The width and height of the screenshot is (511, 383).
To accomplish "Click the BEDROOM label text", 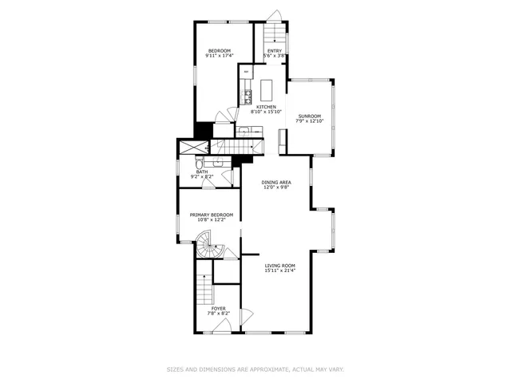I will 218,51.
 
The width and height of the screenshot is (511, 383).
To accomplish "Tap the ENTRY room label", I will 274,51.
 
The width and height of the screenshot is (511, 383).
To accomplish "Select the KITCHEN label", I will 266,107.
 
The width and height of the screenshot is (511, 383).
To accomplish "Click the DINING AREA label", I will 276,183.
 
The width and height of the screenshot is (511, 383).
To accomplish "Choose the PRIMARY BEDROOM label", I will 211,214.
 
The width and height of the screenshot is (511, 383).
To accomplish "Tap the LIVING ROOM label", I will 280,266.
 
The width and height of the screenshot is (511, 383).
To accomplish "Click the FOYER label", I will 218,308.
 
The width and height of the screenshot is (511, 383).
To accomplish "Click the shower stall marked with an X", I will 192,147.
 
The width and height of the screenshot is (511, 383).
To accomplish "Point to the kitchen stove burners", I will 248,97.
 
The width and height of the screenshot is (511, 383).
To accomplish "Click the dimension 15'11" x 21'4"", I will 280,270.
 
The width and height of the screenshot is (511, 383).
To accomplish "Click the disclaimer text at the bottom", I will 255,369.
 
